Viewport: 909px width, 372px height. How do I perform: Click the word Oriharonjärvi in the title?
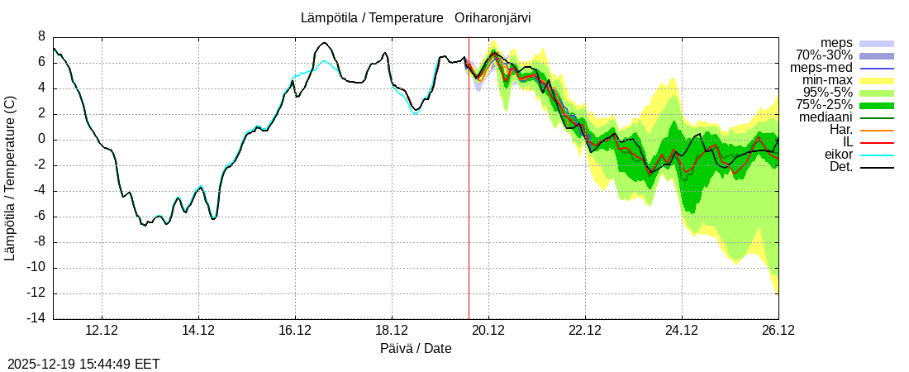pyautogui.click(x=493, y=17)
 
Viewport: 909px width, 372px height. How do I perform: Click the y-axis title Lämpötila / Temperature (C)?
pyautogui.click(x=10, y=178)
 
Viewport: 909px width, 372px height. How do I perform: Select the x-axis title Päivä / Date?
pyautogui.click(x=416, y=348)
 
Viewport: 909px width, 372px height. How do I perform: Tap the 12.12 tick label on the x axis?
pyautogui.click(x=102, y=331)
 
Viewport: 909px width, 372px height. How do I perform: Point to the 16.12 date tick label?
pyautogui.click(x=295, y=331)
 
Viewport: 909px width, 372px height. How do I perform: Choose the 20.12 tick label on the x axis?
pyautogui.click(x=488, y=331)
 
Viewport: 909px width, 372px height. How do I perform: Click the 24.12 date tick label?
pyautogui.click(x=682, y=331)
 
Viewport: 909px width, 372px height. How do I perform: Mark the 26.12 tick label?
pyautogui.click(x=778, y=331)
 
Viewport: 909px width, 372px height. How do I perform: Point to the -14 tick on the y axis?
pyautogui.click(x=37, y=319)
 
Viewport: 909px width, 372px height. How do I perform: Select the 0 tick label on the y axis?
pyautogui.click(x=41, y=140)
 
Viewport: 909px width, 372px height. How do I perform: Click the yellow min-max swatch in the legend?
pyautogui.click(x=877, y=80)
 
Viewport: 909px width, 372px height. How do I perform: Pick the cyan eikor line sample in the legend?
pyautogui.click(x=877, y=155)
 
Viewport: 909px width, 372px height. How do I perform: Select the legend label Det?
pyautogui.click(x=840, y=167)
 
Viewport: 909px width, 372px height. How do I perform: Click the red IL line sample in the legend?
pyautogui.click(x=877, y=142)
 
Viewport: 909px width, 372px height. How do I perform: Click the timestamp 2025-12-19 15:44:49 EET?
pyautogui.click(x=83, y=364)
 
